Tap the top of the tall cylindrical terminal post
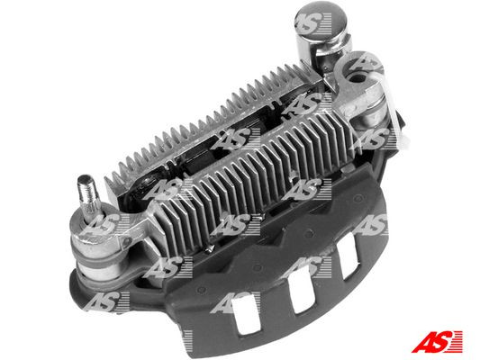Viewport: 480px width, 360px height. [313, 20]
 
